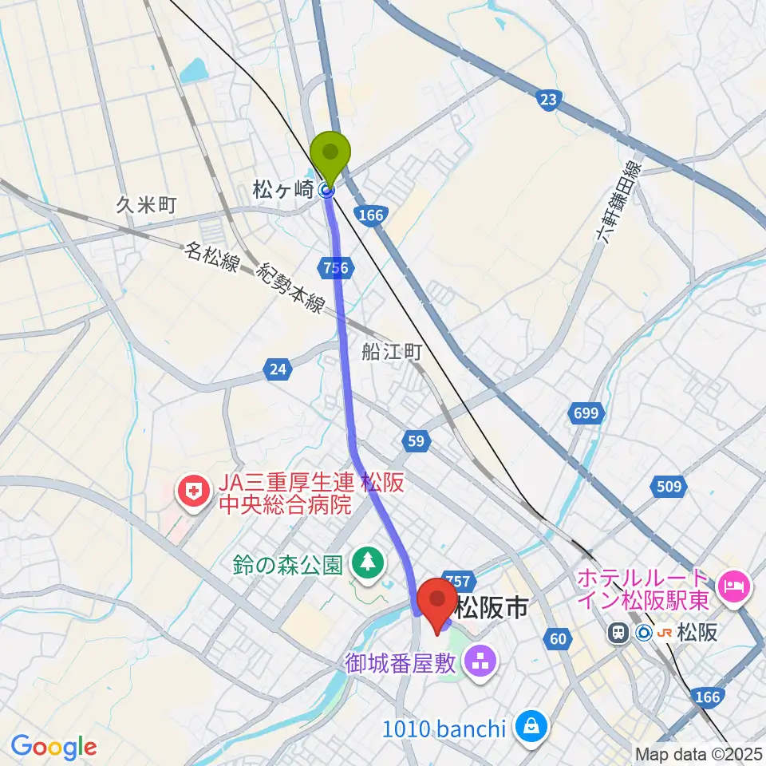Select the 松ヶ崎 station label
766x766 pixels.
[x=283, y=190]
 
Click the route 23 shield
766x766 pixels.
[x=547, y=100]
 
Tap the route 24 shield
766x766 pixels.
[x=277, y=369]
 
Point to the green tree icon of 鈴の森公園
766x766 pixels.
[x=368, y=563]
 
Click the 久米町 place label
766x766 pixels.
[x=145, y=204]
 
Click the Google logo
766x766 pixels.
[x=54, y=747]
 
